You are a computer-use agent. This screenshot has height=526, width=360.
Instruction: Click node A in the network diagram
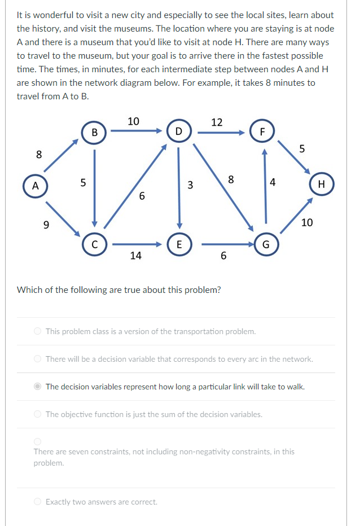(35, 186)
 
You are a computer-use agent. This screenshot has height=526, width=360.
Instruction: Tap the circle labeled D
(178, 132)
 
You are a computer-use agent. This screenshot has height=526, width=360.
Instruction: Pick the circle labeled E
(178, 244)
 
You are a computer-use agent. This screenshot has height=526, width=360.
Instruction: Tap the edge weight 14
(135, 256)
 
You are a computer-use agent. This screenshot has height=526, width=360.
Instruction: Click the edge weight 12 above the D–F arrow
(217, 122)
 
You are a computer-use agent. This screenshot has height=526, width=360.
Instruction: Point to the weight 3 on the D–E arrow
(190, 185)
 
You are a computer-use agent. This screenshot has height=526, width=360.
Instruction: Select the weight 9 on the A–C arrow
(47, 225)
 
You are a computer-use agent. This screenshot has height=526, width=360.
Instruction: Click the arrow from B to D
(136, 131)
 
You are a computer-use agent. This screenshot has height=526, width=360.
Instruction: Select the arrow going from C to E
(137, 244)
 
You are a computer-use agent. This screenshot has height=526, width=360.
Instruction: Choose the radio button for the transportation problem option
(37, 331)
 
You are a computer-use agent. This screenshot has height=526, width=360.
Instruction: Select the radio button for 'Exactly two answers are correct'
(37, 501)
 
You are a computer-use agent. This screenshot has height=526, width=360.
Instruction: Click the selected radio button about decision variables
(37, 387)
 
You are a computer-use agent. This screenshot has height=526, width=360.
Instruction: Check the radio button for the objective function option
(37, 414)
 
